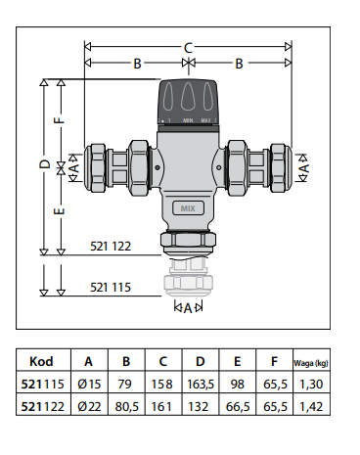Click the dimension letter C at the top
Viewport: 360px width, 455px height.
188,48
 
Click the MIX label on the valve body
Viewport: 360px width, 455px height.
188,208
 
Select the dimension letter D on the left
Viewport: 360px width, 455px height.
45,163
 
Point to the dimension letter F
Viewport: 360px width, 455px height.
59,120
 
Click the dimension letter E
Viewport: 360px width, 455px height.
59,211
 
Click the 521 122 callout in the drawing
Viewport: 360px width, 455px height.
111,246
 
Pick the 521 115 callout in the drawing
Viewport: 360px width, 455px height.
111,287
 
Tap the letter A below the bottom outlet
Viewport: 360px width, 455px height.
188,308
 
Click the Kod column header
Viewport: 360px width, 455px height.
41,361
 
